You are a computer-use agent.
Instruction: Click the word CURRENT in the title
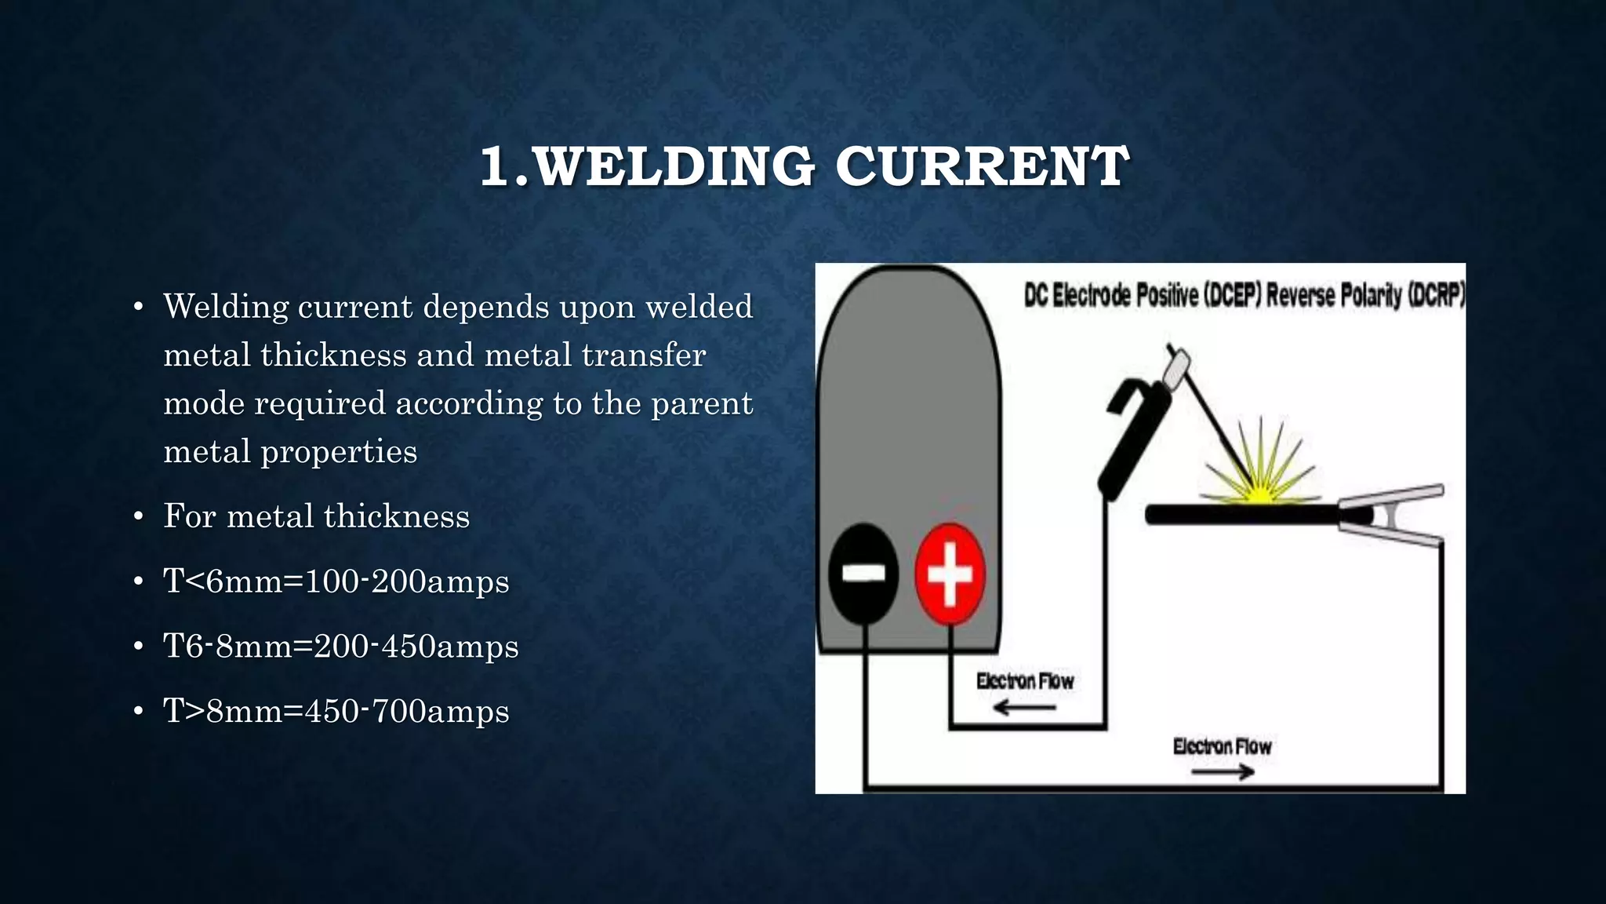coord(982,166)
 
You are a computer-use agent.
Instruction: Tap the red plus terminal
coord(950,574)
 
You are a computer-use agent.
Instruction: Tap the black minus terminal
coord(863,574)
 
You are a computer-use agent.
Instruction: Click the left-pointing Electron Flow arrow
coord(1024,709)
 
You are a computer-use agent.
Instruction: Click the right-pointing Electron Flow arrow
coord(1222,773)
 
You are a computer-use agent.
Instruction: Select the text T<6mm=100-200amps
coord(336,581)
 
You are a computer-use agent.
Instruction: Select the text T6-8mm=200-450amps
coord(340,647)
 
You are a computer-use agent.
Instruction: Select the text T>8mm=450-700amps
coord(336,711)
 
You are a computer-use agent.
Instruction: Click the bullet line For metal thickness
coord(316,516)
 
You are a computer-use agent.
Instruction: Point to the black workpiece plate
coord(1239,516)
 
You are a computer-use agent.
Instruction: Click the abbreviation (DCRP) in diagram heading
coord(1437,296)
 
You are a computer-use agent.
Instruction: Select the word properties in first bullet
coord(339,452)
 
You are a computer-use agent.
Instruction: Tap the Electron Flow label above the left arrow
coord(1024,681)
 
